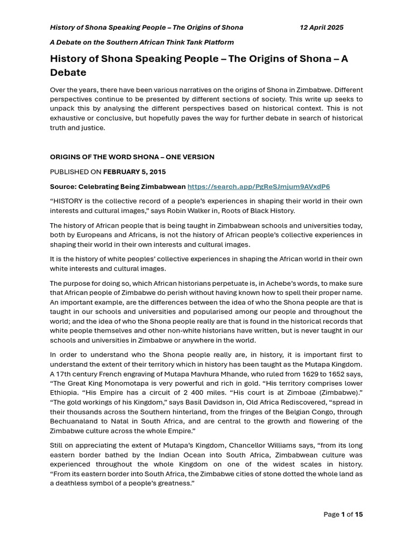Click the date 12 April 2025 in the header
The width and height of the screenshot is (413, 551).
(321, 27)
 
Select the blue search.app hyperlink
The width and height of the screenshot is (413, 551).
(258, 187)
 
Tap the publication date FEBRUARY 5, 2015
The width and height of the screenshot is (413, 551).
(134, 172)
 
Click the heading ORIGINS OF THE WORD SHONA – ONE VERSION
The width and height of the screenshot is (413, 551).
(132, 157)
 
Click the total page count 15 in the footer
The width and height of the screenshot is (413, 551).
(359, 514)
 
